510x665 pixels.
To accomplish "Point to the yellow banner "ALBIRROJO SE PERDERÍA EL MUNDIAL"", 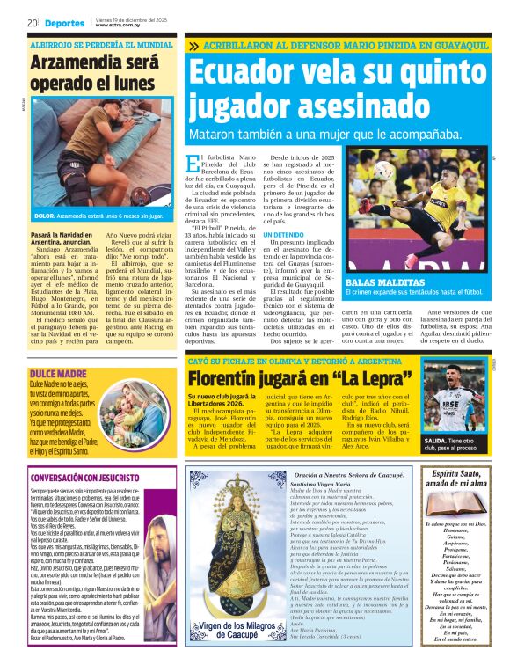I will coord(101,42).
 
